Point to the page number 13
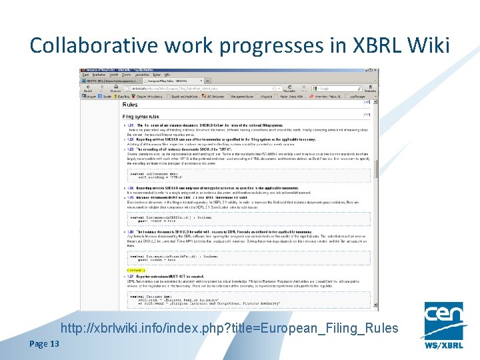point(53,343)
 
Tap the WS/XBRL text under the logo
point(443,346)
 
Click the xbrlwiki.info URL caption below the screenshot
point(229,328)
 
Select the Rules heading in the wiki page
point(131,105)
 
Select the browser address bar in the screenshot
point(200,87)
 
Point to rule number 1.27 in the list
point(131,276)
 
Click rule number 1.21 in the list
point(131,125)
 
